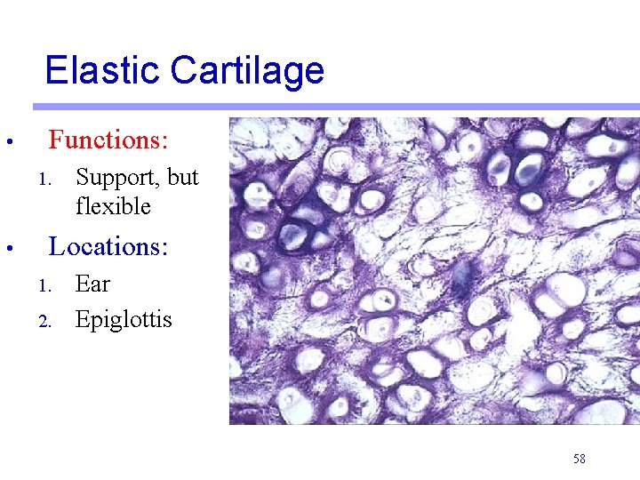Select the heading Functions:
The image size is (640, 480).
[108, 140]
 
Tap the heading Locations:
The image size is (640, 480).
[108, 246]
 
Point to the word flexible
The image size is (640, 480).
[114, 207]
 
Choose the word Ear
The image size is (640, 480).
[92, 284]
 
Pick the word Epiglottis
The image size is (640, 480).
[124, 319]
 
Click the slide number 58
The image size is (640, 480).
[580, 459]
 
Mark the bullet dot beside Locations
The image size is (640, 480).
[6, 248]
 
